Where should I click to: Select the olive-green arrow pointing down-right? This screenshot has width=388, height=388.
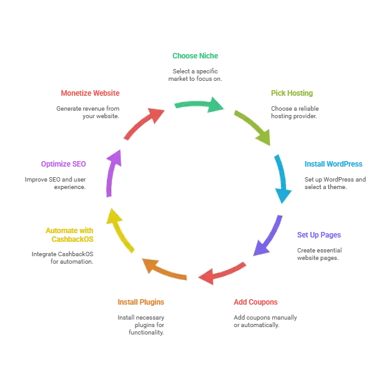coord(254,126)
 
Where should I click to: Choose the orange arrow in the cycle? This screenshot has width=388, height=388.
coord(163,268)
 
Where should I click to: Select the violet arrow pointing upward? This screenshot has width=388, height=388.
coord(111,173)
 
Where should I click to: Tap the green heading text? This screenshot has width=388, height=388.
coord(194,55)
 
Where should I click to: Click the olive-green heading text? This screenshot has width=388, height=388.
coord(291,93)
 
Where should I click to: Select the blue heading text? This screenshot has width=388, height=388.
coord(333,164)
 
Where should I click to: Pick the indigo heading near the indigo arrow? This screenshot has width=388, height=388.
coord(318,235)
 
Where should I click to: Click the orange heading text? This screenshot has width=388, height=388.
coord(140,303)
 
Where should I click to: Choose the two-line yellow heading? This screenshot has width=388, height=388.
coord(70,234)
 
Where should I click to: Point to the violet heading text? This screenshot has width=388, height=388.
coord(63,164)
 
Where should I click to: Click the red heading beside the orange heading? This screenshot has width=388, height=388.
coord(256,303)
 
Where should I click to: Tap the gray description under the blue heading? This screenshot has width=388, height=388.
coord(335,181)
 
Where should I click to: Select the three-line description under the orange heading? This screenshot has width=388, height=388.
coord(141,325)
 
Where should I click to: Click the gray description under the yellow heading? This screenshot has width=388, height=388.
coord(62,255)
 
